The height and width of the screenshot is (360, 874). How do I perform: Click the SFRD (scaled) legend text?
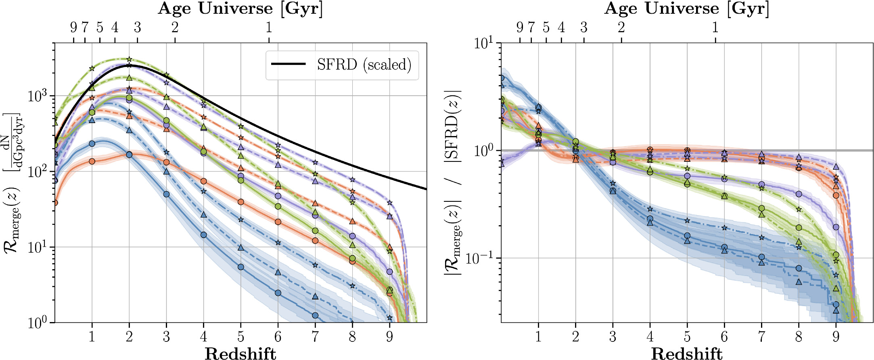coord(364,65)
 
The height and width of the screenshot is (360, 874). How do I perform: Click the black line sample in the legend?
coord(288,64)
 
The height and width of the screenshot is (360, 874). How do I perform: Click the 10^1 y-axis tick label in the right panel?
coord(485,43)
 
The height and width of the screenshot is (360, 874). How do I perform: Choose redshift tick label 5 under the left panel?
coord(241,336)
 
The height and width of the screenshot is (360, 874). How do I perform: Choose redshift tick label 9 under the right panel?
coord(836,336)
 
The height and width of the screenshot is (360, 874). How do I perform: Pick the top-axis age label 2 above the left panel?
coord(175,27)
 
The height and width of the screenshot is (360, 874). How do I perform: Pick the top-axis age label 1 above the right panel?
coord(715,27)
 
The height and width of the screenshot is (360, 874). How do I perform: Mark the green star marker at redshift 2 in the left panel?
coord(129,59)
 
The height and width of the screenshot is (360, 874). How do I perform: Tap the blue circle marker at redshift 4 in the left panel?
coord(204,235)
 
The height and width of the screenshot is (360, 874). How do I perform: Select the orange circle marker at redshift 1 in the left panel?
coord(92,161)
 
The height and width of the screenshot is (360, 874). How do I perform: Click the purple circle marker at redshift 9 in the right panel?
coord(836,227)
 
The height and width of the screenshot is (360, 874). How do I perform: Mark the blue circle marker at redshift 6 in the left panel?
coord(278,293)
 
